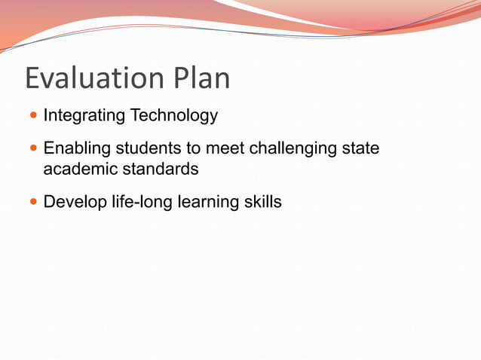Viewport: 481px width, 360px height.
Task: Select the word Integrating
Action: coord(84,116)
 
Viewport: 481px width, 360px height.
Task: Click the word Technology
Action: coord(173,116)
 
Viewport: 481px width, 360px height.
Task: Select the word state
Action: coord(360,149)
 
